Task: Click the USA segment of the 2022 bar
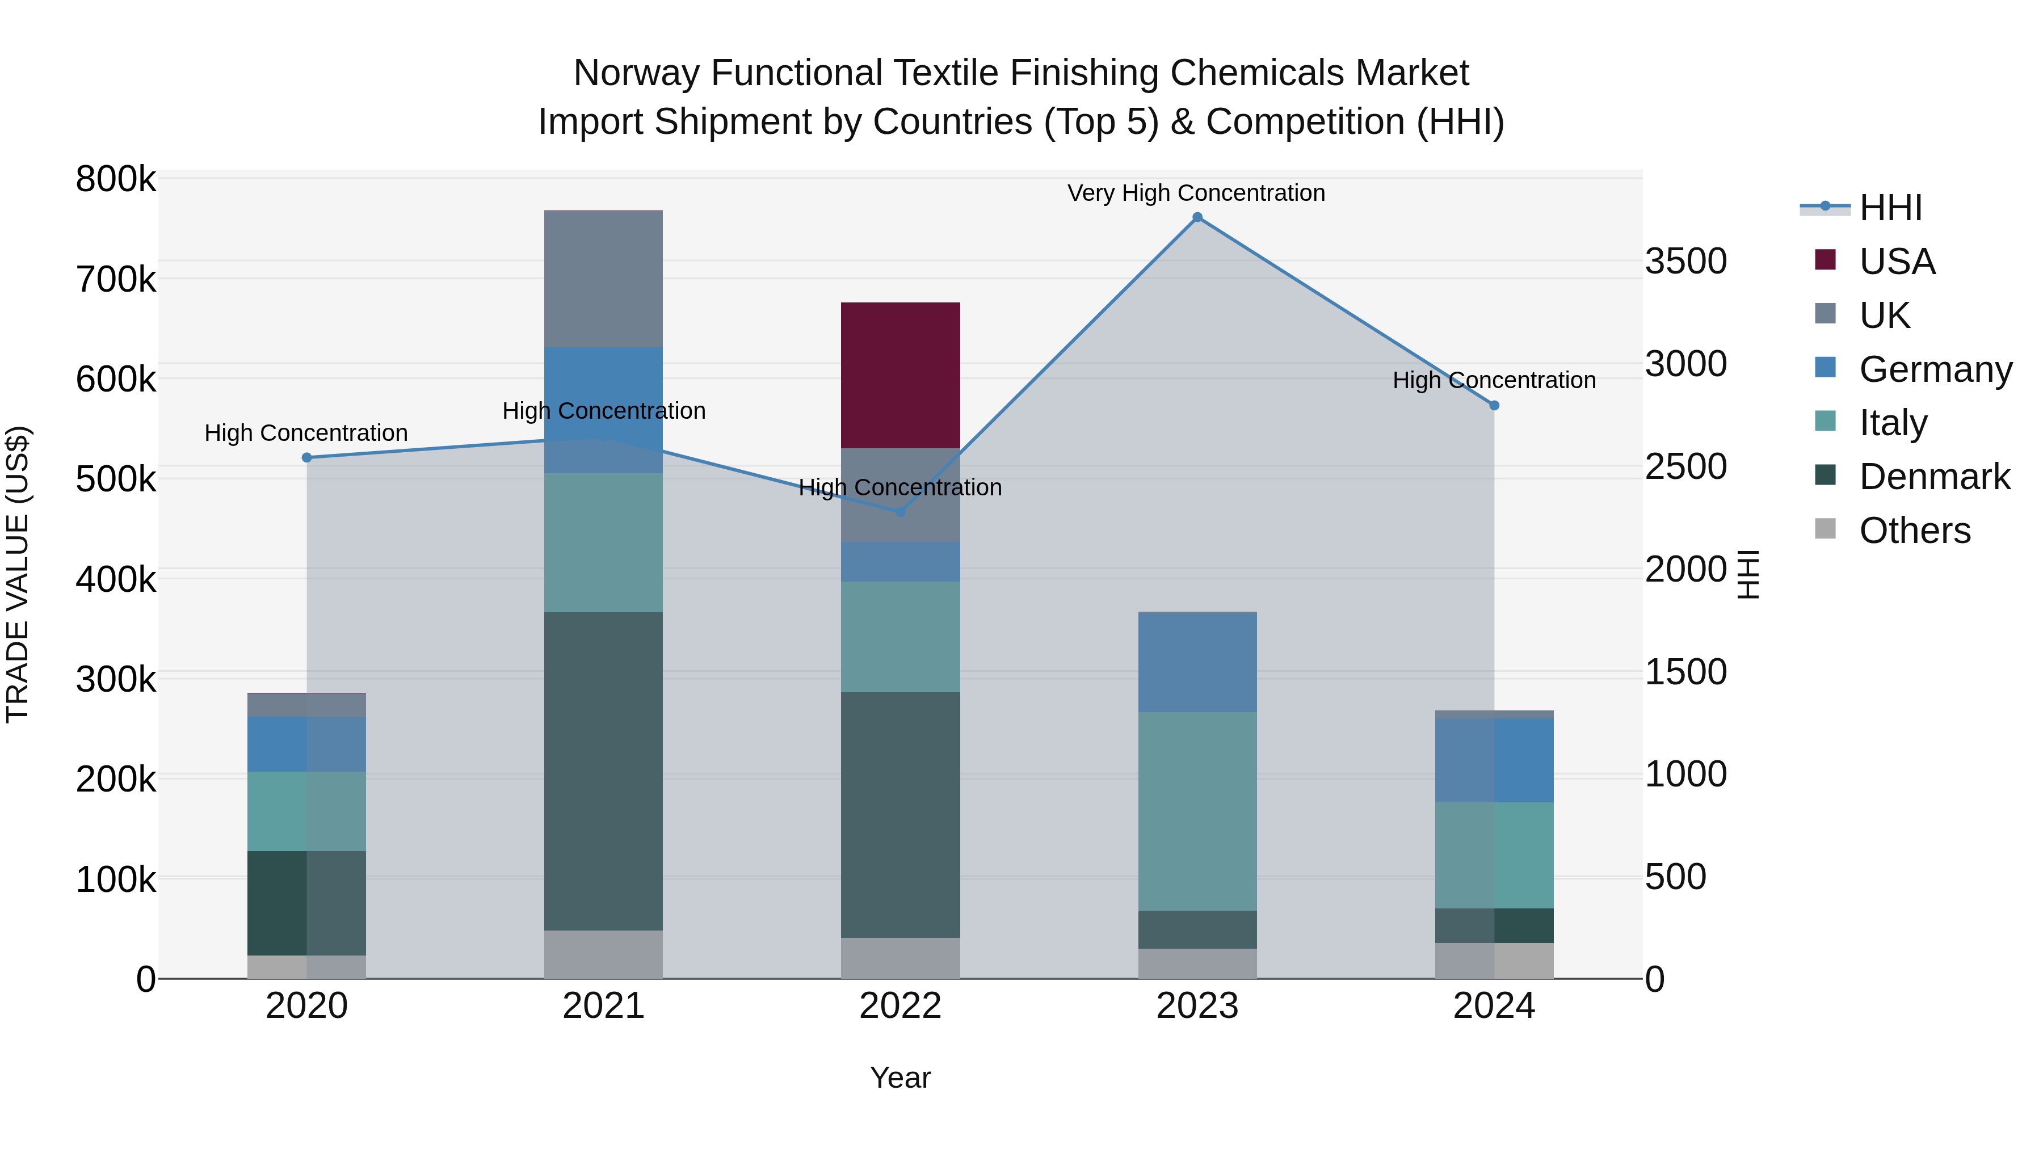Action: click(900, 375)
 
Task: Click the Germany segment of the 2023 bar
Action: click(1197, 662)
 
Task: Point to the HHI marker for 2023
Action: click(1197, 217)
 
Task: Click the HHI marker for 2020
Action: click(307, 457)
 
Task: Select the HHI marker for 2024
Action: click(1494, 405)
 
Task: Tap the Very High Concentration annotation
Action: click(1195, 193)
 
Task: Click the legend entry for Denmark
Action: click(1933, 477)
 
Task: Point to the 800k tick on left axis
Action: click(116, 179)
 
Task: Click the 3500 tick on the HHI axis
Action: click(1685, 262)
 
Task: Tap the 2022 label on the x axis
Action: click(900, 1006)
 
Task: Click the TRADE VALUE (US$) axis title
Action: click(18, 574)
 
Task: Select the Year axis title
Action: click(900, 1078)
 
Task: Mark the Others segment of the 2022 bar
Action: click(900, 958)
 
